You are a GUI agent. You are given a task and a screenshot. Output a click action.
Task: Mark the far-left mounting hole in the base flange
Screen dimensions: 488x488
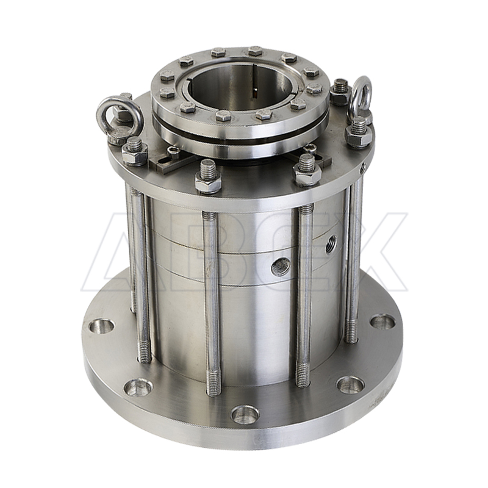pyautogui.click(x=101, y=328)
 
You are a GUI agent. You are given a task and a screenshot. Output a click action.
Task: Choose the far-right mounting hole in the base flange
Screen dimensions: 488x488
pyautogui.click(x=382, y=323)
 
